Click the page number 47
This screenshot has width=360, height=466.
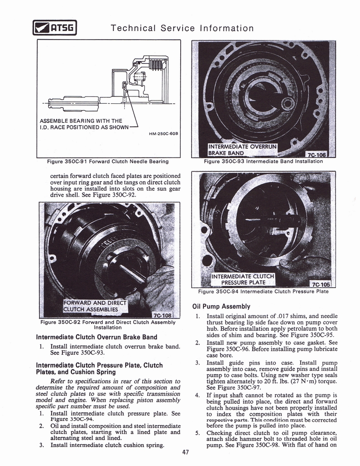(185, 452)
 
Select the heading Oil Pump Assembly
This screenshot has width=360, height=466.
(221, 306)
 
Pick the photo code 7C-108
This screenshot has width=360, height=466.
(162, 315)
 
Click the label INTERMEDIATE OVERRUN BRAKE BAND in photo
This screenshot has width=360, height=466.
(242, 149)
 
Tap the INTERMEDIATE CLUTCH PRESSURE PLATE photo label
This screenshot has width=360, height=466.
(243, 279)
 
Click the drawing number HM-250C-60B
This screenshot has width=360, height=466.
(163, 134)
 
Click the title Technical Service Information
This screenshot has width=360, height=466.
(182, 28)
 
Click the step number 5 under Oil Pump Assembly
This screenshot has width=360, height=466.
(197, 433)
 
